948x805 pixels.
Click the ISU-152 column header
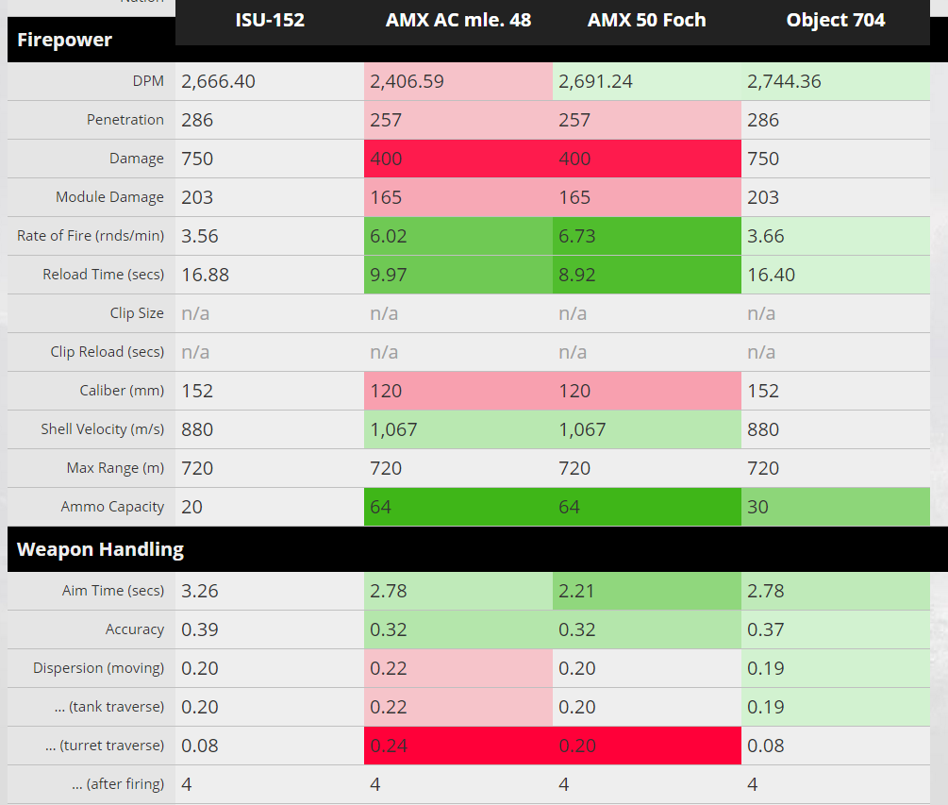pyautogui.click(x=270, y=20)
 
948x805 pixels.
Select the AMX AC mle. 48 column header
pyautogui.click(x=458, y=20)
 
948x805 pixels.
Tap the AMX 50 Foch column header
pyautogui.click(x=646, y=20)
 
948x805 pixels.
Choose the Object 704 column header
pyautogui.click(x=836, y=20)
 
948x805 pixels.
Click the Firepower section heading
pyautogui.click(x=64, y=40)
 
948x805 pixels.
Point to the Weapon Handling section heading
pyautogui.click(x=100, y=549)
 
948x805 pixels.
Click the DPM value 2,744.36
pyautogui.click(x=784, y=81)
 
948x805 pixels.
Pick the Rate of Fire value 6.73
pyautogui.click(x=577, y=236)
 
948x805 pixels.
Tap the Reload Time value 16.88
pyautogui.click(x=205, y=275)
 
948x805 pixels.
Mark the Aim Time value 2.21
pyautogui.click(x=577, y=591)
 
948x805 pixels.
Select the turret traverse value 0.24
pyautogui.click(x=388, y=746)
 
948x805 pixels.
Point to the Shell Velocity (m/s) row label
pyautogui.click(x=102, y=429)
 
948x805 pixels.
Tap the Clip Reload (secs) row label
pyautogui.click(x=107, y=352)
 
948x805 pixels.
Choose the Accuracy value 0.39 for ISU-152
pyautogui.click(x=199, y=629)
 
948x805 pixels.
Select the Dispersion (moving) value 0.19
pyautogui.click(x=765, y=668)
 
